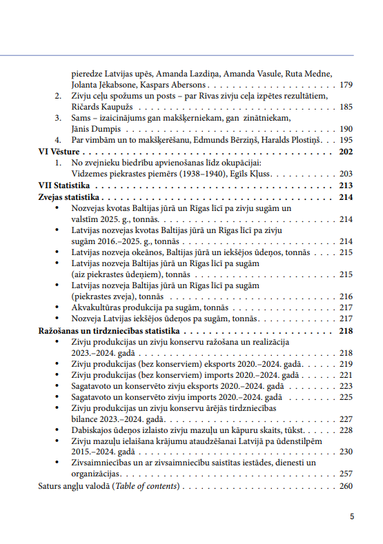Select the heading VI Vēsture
pos(59,152)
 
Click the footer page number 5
pos(352,516)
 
